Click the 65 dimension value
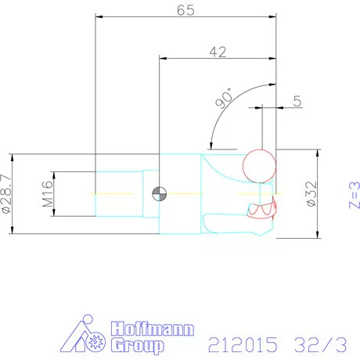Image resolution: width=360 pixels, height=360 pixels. (x=185, y=10)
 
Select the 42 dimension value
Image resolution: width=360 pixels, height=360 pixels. (x=218, y=52)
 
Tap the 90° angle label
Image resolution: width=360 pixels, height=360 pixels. (x=225, y=99)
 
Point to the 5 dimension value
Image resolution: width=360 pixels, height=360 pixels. (x=297, y=101)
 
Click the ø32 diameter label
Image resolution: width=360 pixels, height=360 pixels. (x=311, y=194)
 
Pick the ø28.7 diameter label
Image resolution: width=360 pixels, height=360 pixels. (x=6, y=194)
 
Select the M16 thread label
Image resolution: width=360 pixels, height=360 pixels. (x=48, y=194)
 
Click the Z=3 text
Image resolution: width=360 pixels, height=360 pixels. (x=355, y=195)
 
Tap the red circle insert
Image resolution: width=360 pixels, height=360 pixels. (x=259, y=166)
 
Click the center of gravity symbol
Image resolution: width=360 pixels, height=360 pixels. (x=159, y=194)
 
